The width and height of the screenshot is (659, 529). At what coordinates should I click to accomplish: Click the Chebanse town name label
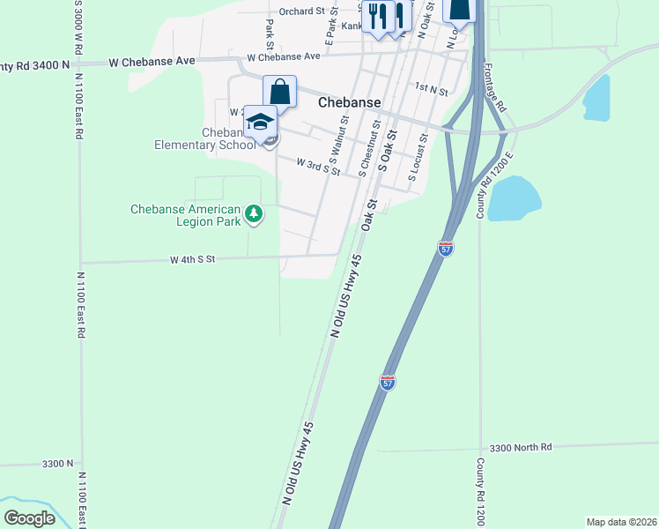pos(349,102)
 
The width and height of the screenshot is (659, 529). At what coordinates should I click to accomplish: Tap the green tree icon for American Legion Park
pos(254,214)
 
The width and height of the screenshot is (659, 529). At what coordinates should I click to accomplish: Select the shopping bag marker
pos(279,92)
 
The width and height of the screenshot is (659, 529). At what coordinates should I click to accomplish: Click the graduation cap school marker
pos(260,122)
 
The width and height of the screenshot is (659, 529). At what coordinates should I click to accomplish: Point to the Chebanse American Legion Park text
pos(185,215)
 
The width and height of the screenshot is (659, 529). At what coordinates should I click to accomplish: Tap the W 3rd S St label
pos(318,167)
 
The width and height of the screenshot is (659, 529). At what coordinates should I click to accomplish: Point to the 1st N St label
pos(432,89)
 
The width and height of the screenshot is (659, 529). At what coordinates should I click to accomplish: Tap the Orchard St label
pos(302,11)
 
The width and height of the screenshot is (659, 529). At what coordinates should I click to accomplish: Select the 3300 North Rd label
pos(520,447)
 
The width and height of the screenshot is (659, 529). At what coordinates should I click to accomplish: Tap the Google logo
pos(30,518)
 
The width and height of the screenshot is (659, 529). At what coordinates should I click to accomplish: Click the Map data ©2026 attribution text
pos(621,522)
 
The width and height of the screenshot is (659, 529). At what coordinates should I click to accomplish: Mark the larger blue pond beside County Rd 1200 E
pos(514,198)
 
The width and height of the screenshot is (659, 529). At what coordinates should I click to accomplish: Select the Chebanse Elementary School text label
pos(204,138)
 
